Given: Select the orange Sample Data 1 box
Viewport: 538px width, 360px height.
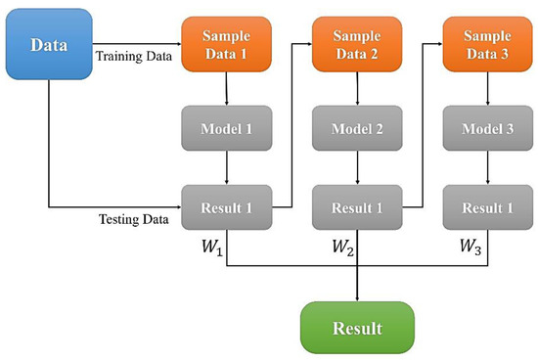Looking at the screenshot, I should pos(227,44).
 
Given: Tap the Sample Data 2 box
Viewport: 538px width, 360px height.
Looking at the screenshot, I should pos(355,44).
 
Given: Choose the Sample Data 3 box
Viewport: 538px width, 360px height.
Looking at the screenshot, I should pos(485,44).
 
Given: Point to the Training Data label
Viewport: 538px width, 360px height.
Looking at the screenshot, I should pos(134,57).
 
